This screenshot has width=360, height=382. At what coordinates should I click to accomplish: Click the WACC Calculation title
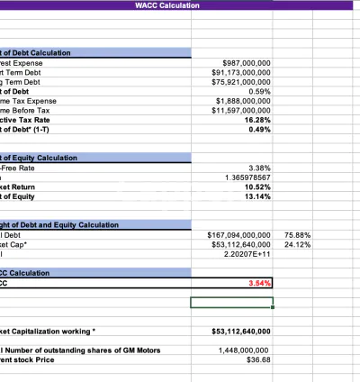167,5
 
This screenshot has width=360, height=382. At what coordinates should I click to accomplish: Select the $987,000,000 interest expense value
247,63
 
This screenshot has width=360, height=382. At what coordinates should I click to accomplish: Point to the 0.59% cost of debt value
259,91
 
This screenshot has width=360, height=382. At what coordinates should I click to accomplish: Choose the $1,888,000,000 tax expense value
245,101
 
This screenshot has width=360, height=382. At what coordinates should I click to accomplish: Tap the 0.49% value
259,129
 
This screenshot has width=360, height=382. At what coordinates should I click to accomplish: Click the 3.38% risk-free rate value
259,168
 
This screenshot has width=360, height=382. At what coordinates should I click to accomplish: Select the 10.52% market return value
257,186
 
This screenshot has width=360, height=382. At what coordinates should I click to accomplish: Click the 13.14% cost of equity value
257,196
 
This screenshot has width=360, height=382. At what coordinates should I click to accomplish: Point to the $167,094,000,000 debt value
239,234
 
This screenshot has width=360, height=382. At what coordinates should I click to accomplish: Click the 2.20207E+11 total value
247,253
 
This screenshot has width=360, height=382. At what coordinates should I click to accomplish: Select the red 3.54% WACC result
259,283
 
